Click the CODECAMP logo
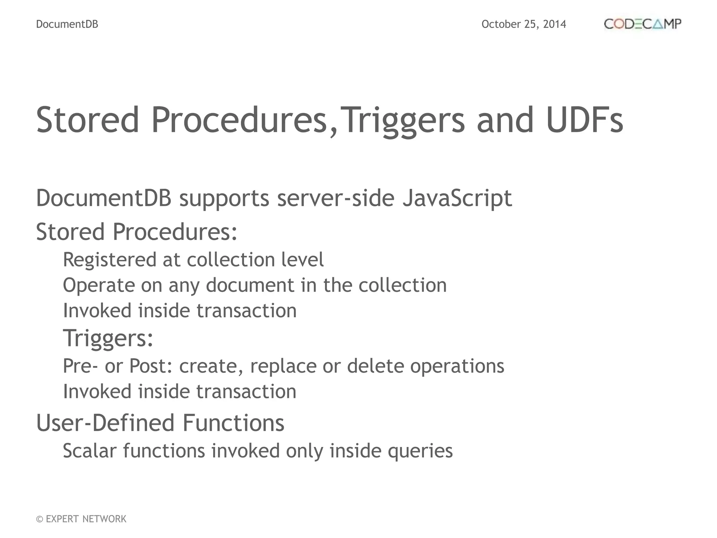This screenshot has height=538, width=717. coord(642,24)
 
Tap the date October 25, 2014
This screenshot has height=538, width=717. coord(524,24)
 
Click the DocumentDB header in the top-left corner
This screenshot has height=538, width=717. coord(67,24)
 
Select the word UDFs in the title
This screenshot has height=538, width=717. coord(584,120)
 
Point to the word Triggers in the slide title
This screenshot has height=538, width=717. coord(403,120)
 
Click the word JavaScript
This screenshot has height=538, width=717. coord(457,198)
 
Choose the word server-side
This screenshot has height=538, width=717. coord(336,198)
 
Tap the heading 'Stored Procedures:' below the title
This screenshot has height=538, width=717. coord(137,232)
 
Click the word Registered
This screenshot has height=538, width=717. coord(110,260)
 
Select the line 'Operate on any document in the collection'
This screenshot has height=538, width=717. coord(255,285)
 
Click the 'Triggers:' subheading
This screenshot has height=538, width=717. coord(108,338)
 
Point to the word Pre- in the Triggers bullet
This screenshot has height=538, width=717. coord(80,366)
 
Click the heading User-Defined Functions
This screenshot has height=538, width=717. coord(160,423)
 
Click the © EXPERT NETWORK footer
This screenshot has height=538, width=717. coord(81,519)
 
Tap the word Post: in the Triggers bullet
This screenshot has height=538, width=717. coord(151,366)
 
